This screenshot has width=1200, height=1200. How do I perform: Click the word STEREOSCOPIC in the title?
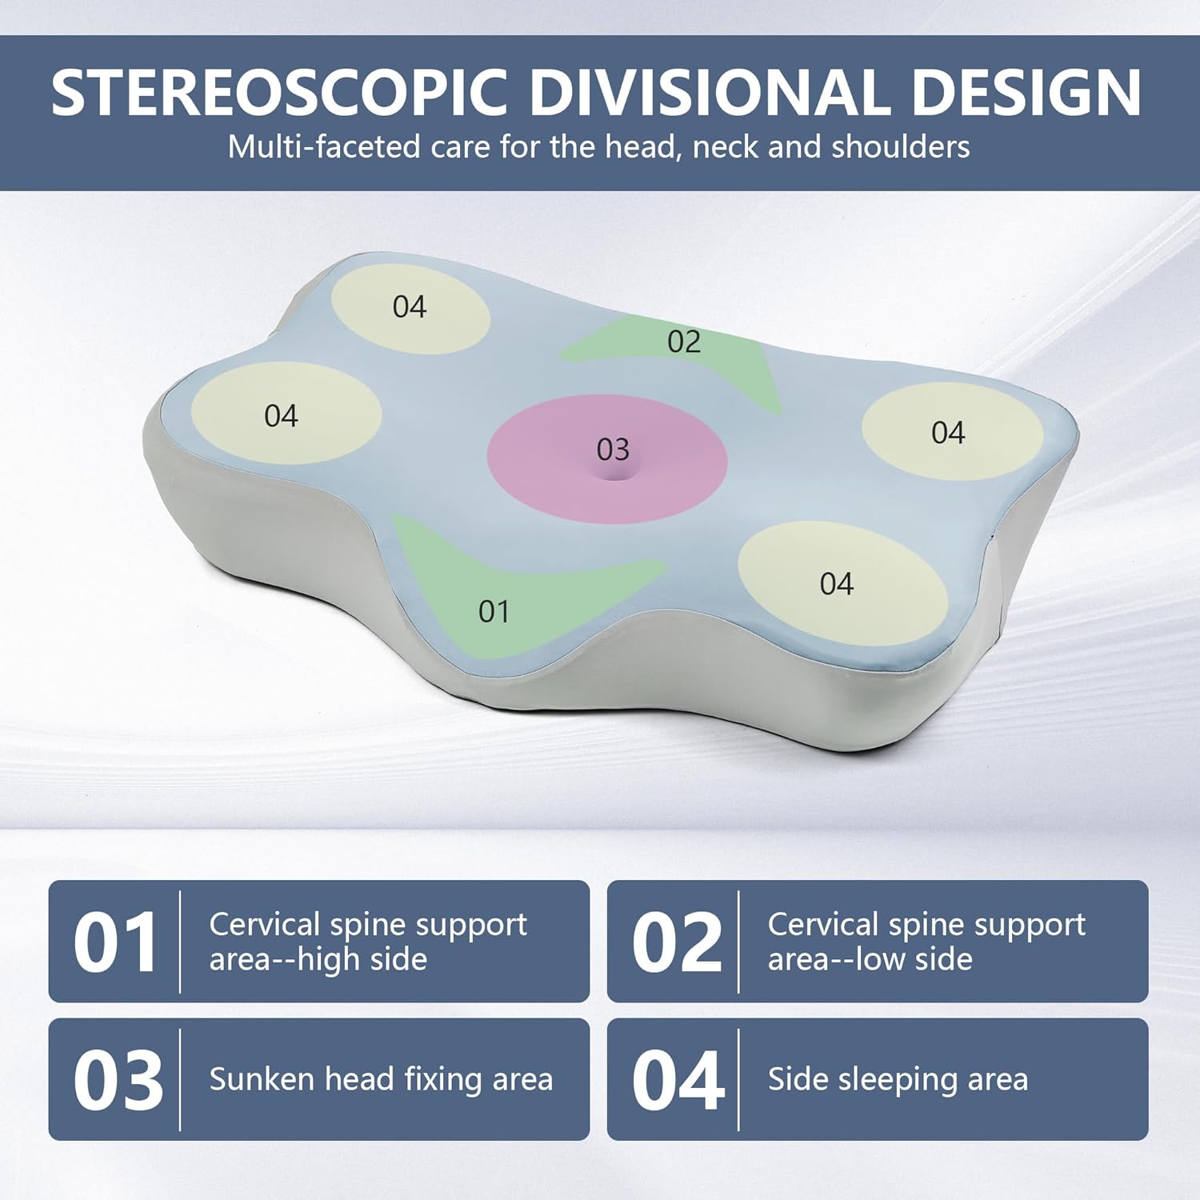279,92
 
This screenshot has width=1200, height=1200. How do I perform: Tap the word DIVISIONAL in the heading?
708,92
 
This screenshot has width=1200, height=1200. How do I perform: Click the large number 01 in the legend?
115,942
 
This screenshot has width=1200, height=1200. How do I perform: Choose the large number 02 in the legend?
676,942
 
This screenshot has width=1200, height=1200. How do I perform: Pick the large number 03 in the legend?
118,1080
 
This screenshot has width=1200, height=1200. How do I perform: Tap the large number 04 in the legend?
677,1080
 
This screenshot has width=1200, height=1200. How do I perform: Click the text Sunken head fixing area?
381,1079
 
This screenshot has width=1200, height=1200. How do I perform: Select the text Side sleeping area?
898,1079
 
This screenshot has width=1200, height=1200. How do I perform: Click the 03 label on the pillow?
613,450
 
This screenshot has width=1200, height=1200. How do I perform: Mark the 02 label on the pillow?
684,342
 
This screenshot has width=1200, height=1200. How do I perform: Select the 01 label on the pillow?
494,612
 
